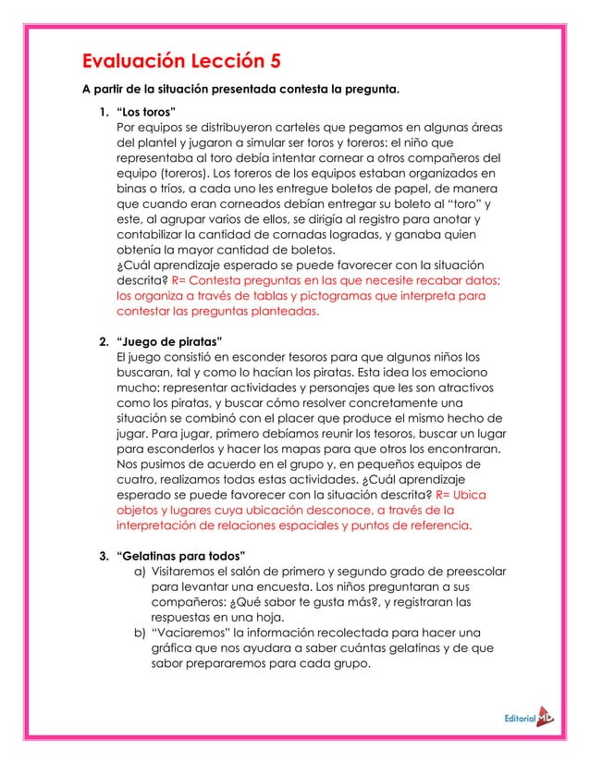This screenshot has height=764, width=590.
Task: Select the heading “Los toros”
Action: (141, 113)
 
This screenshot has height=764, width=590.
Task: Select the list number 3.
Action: (103, 555)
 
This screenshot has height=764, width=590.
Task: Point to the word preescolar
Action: (466, 572)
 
